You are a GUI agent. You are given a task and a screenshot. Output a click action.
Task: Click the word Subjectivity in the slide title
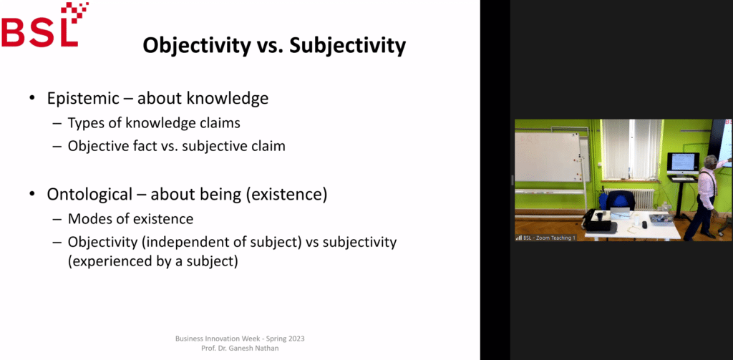coord(347,46)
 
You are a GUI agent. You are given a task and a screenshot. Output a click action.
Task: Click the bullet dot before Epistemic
coord(31,99)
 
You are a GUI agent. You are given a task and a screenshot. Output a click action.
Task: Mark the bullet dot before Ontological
coord(31,195)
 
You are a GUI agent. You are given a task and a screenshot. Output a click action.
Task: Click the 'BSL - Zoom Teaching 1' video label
coord(545,238)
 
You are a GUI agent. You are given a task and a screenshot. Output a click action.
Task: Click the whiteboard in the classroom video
coord(546,157)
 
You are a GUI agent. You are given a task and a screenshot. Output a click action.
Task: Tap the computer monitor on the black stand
coord(683,163)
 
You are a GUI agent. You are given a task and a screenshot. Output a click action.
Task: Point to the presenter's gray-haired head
coord(709,161)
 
